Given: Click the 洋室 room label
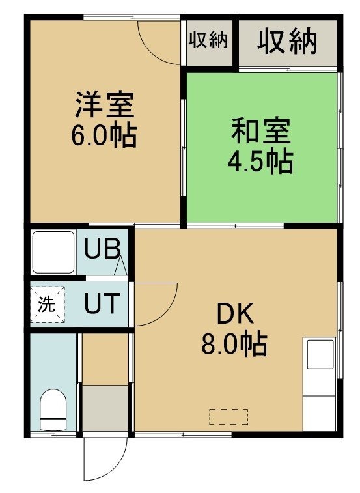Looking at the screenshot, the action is click(x=104, y=104).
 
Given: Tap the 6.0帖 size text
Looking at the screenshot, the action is click(x=104, y=136).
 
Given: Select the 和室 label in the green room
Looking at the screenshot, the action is click(x=261, y=131).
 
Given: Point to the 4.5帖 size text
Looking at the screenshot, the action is click(x=260, y=162).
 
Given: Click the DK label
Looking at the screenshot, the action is click(x=236, y=315).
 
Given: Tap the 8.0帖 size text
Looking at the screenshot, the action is click(x=234, y=344).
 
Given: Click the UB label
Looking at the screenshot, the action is click(x=102, y=248).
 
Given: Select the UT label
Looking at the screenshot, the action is click(x=102, y=303).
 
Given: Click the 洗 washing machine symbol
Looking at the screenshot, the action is click(x=48, y=304).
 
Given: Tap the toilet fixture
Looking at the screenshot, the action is click(x=53, y=410).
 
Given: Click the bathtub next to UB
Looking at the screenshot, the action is click(x=53, y=252).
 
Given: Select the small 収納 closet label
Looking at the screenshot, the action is click(x=208, y=40).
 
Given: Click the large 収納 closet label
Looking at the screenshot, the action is click(x=286, y=41).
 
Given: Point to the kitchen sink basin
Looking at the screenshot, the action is click(x=320, y=354).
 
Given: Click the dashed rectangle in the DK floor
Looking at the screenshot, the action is click(x=229, y=417).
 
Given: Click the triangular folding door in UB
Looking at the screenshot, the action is click(x=120, y=265).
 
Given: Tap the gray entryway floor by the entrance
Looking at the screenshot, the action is click(x=105, y=408).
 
